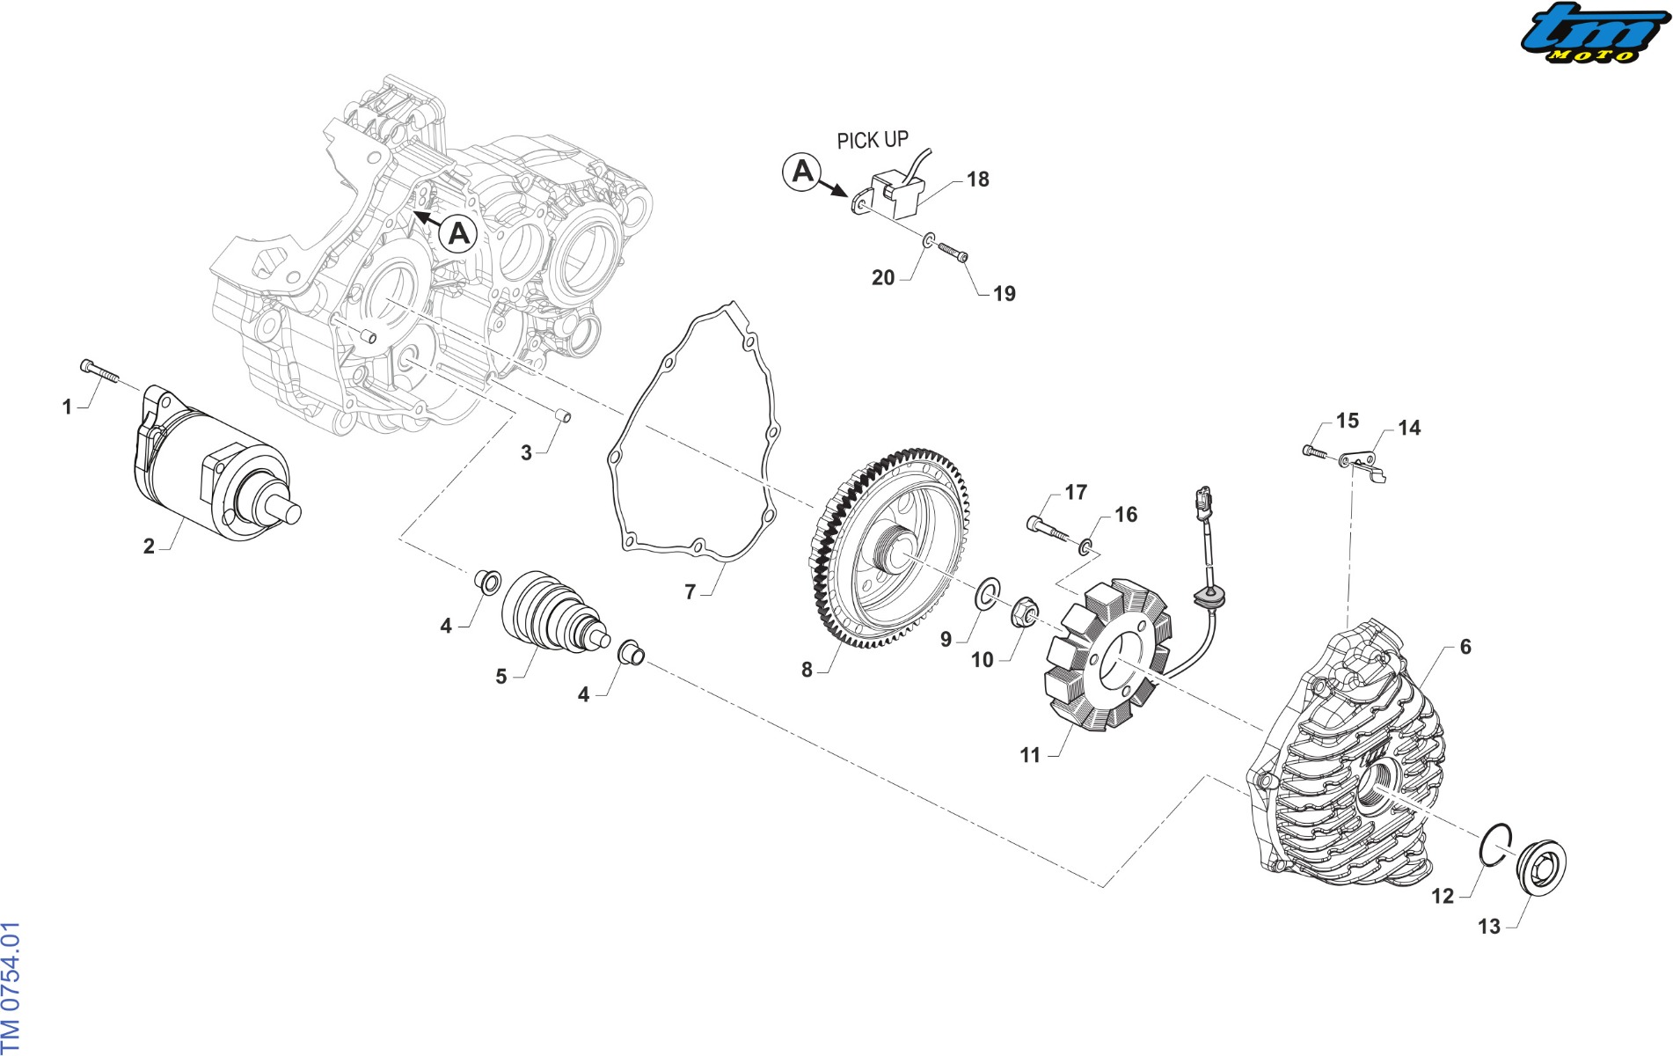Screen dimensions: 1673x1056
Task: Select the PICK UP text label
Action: point(872,140)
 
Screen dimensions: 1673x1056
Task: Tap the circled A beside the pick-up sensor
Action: point(802,171)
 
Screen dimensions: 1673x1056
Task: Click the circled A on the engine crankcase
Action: point(458,235)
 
